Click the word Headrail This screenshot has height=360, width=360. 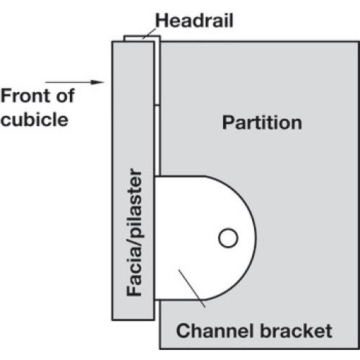(194, 20)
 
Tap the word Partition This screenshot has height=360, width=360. (262, 122)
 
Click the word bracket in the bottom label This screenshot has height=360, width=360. (296, 330)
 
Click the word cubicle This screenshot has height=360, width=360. (35, 120)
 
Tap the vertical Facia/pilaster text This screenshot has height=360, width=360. (134, 233)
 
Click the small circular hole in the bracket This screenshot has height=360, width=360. (228, 238)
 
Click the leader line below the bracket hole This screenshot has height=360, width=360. (192, 289)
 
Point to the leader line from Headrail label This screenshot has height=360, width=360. (149, 33)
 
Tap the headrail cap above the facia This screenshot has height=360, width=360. (142, 38)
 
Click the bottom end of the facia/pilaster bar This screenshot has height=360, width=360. (133, 320)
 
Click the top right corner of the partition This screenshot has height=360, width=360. (359, 42)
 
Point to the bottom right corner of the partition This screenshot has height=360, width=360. (359, 348)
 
